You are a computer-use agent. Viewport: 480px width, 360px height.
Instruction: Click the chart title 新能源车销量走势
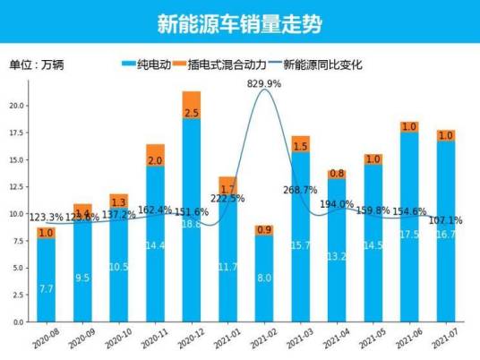(239, 21)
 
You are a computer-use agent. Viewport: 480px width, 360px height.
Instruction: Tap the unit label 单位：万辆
(37, 64)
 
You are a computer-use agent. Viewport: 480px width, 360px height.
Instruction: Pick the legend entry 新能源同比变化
(323, 64)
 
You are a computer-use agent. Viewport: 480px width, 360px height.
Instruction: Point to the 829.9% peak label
(265, 83)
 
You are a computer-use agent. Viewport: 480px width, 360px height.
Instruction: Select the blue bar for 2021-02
(265, 279)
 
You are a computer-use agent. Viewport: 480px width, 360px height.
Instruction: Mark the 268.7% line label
(301, 190)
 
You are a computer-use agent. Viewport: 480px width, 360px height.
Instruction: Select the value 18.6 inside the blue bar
(192, 224)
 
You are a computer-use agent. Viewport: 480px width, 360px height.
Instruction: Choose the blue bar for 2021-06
(409, 228)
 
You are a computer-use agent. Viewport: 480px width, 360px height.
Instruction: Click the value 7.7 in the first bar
(46, 288)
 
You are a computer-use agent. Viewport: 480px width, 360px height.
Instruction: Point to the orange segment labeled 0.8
(337, 174)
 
